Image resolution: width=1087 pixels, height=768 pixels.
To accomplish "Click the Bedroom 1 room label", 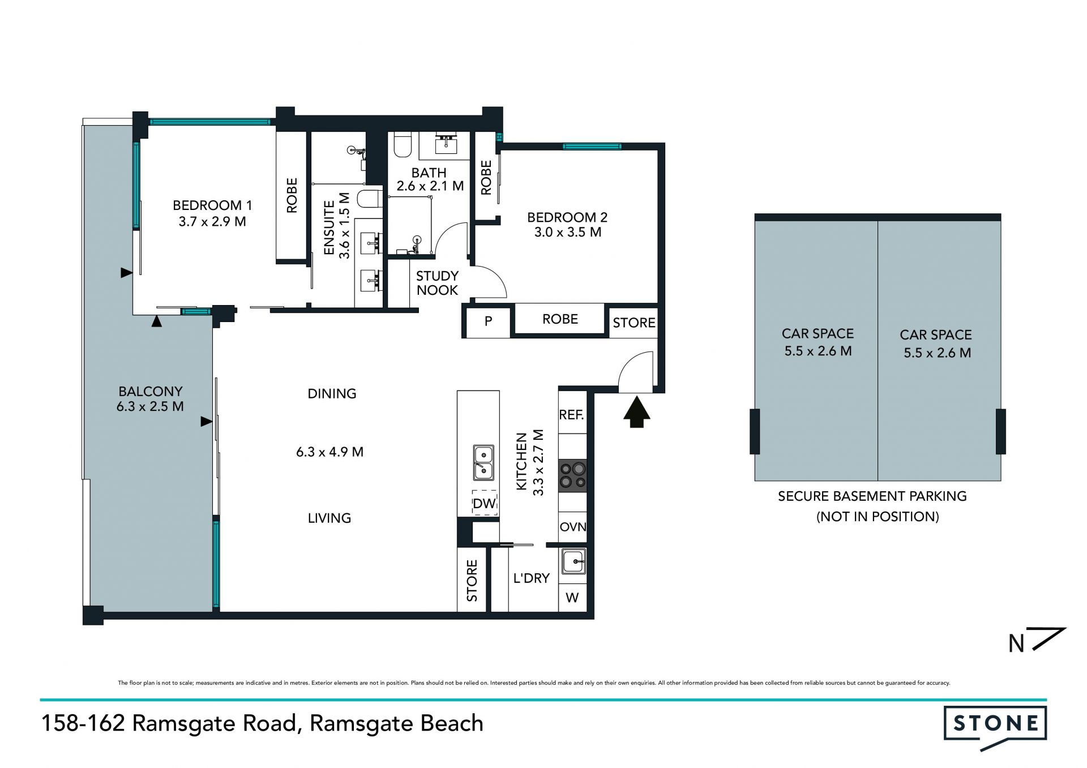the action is click(x=212, y=205).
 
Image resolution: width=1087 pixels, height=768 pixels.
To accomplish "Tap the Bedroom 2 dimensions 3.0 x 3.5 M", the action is click(x=567, y=232).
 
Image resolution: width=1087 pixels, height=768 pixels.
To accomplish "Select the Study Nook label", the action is click(x=437, y=283).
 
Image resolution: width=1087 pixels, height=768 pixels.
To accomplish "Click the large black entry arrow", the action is click(x=637, y=411).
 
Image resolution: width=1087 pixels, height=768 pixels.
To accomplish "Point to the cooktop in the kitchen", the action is click(x=572, y=475).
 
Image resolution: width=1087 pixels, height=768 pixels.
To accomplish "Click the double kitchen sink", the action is click(x=483, y=462).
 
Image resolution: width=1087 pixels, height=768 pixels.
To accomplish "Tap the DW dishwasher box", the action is click(x=485, y=503).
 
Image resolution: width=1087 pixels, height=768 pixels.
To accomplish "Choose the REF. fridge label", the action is click(x=571, y=415).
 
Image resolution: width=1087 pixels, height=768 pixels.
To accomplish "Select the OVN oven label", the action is click(x=572, y=527).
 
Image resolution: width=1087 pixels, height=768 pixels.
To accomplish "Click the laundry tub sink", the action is click(x=574, y=561).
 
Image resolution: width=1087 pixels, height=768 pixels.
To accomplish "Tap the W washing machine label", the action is click(x=572, y=598).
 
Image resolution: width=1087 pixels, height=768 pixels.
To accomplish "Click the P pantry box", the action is click(x=488, y=321).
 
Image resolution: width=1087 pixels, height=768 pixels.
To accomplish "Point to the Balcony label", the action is click(x=150, y=392).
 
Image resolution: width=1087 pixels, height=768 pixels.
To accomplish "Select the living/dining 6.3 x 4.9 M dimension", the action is click(x=329, y=452).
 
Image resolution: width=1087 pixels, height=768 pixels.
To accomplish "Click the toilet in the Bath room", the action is click(x=402, y=145).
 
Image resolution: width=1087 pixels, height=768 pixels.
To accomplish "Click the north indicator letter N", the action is click(x=1017, y=643).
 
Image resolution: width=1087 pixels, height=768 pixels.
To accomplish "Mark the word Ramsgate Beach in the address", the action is click(x=396, y=724).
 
